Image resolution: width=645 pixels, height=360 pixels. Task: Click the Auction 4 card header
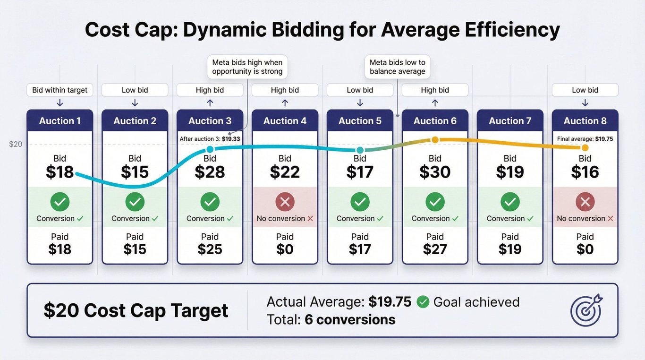pyautogui.click(x=285, y=121)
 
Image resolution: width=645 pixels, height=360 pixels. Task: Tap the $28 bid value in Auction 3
pyautogui.click(x=210, y=172)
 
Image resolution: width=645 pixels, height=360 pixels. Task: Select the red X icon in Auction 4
pyautogui.click(x=285, y=202)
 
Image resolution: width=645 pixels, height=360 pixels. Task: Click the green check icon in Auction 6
pyautogui.click(x=435, y=202)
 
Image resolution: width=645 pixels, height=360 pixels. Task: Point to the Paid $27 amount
pyautogui.click(x=435, y=249)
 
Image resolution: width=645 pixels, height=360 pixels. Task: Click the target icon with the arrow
pyautogui.click(x=586, y=310)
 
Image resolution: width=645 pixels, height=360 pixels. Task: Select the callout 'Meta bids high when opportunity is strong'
pyautogui.click(x=247, y=67)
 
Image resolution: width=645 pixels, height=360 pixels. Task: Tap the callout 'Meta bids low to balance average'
pyautogui.click(x=397, y=67)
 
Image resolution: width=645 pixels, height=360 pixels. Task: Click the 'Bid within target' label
pyautogui.click(x=60, y=90)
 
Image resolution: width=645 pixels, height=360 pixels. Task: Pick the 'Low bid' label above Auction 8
pyautogui.click(x=585, y=90)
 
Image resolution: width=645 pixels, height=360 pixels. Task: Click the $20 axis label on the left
pyautogui.click(x=16, y=144)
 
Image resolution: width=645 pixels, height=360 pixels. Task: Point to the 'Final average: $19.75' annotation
pyautogui.click(x=585, y=139)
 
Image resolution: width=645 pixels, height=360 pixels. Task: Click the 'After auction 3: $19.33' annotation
pyautogui.click(x=210, y=139)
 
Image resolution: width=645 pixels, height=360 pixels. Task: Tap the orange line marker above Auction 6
pyautogui.click(x=435, y=139)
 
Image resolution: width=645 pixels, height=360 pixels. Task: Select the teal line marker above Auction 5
pyautogui.click(x=360, y=150)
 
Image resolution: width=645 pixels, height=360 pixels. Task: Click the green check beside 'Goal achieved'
pyautogui.click(x=423, y=302)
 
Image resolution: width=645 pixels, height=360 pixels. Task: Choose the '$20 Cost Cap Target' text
pyautogui.click(x=136, y=310)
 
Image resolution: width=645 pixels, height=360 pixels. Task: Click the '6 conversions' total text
pyautogui.click(x=350, y=320)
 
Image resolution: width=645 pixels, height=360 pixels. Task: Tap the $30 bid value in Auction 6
pyautogui.click(x=435, y=172)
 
